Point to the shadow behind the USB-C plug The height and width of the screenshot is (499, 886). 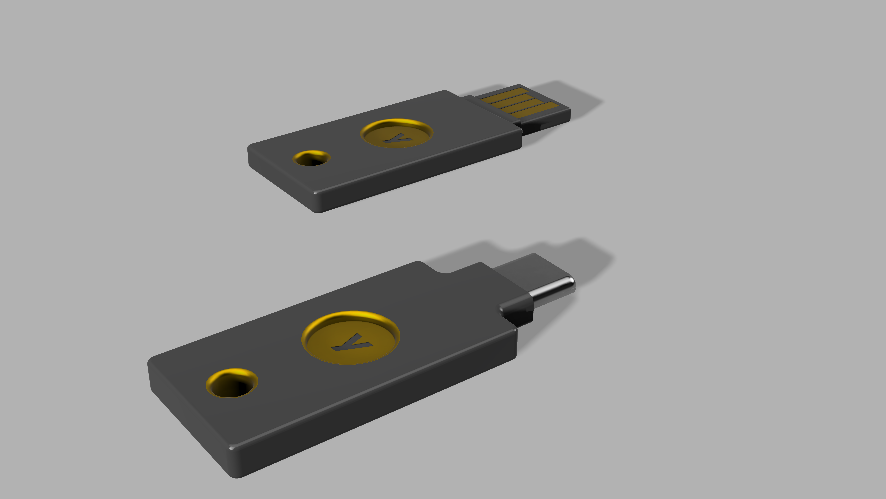tap(585, 255)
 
